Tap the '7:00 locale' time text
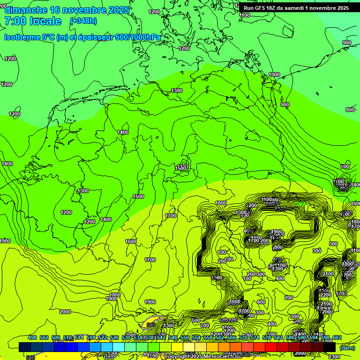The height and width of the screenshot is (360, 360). point(33,21)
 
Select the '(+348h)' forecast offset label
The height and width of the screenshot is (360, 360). point(83,21)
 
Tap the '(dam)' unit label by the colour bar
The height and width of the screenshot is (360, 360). point(347,348)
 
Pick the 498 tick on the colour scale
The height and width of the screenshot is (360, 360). point(32,337)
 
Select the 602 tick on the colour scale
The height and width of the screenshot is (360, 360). point(337,337)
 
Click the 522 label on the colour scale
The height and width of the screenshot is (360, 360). point(103,337)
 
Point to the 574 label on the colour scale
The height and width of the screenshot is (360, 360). point(255,337)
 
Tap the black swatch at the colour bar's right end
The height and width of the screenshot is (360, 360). point(330,347)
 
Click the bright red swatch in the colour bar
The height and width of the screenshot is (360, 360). point(271,347)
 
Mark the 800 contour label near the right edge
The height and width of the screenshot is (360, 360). point(350,110)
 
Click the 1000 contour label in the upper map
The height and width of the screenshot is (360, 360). point(274,75)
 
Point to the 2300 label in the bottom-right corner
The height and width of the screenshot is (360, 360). point(335,357)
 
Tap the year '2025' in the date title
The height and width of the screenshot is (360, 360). point(118,10)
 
